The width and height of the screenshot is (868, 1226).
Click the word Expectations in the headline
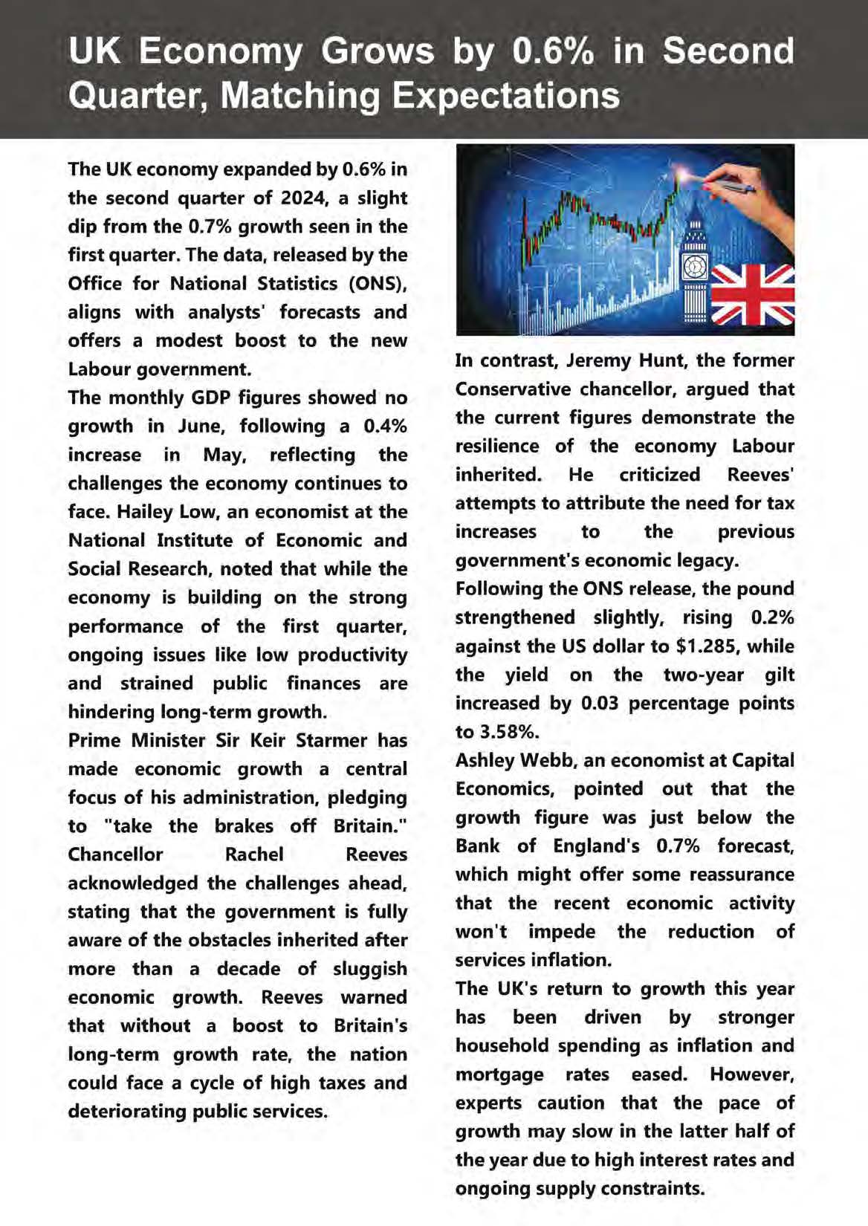tap(505, 96)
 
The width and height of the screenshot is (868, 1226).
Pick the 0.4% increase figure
tap(385, 426)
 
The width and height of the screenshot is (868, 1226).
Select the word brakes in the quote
tap(244, 826)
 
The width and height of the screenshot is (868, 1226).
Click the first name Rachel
tap(254, 854)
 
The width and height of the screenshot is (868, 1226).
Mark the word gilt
tap(779, 675)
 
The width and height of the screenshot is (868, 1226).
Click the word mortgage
tap(499, 1074)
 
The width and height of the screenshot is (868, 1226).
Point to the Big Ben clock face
tap(695, 265)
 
